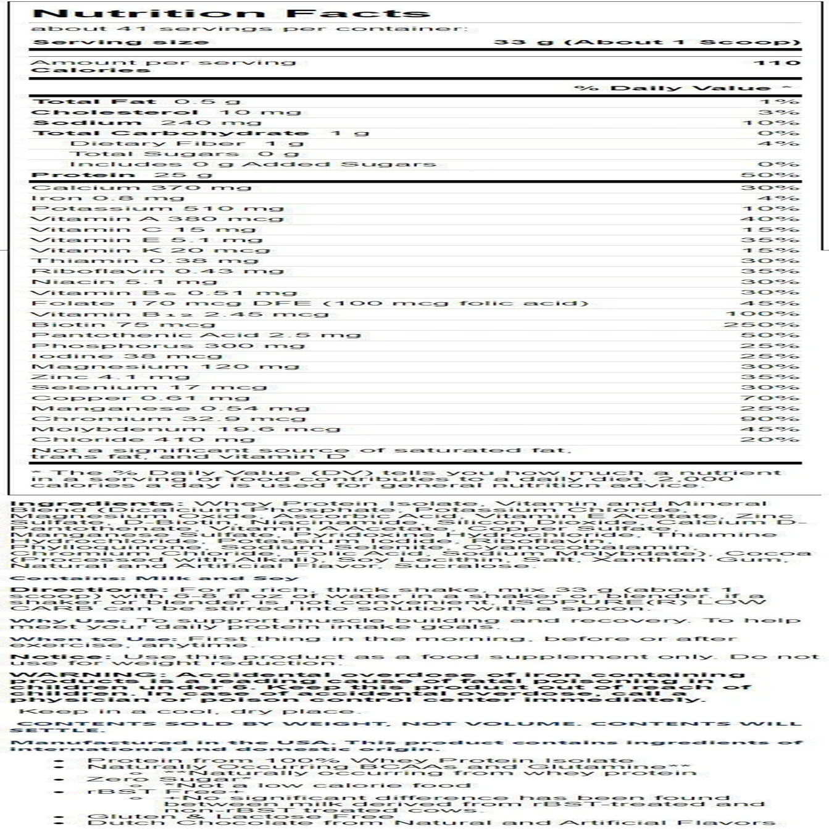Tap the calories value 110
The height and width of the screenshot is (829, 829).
click(x=777, y=62)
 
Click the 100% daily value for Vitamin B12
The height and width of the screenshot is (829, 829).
click(x=765, y=314)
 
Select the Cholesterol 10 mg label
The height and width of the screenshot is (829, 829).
click(x=165, y=112)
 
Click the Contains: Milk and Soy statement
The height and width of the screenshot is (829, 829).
click(x=154, y=578)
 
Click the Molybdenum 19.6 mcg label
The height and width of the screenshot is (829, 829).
click(x=185, y=430)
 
